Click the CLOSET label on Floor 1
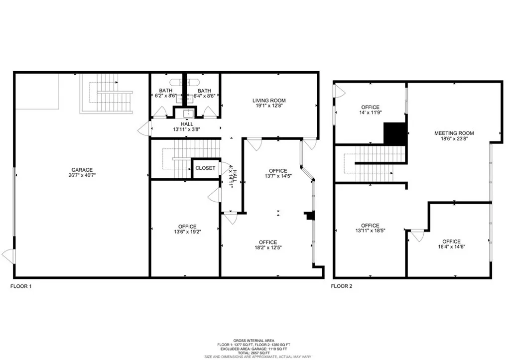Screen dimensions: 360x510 click(205, 168)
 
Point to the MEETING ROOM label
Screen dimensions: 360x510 click(454, 133)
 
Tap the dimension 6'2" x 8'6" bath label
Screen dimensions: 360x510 click(165, 96)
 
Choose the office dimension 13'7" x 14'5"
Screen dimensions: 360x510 click(278, 176)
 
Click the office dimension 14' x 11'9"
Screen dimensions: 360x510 click(370, 113)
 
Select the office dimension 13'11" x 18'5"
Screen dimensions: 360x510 click(370, 231)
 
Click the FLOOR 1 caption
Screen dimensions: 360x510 click(21, 286)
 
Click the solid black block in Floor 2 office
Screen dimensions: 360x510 click(395, 133)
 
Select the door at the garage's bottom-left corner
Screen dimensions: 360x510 click(8, 256)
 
